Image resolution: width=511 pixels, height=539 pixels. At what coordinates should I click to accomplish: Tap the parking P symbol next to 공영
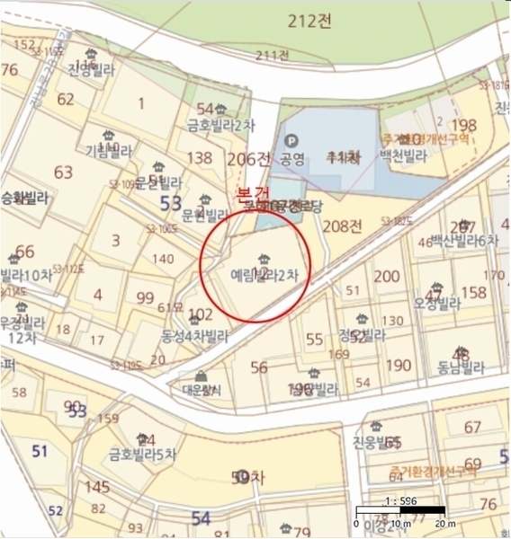pyautogui.click(x=291, y=141)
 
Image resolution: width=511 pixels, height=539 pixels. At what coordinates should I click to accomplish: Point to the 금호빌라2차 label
pyautogui.click(x=216, y=125)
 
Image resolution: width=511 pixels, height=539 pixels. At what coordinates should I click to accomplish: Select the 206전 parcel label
pyautogui.click(x=249, y=159)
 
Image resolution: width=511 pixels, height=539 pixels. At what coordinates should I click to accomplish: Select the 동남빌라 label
pyautogui.click(x=461, y=367)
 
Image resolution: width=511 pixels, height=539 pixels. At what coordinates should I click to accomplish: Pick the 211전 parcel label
pyautogui.click(x=272, y=56)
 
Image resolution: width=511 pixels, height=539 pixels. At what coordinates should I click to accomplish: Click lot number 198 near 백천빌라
pyautogui.click(x=464, y=125)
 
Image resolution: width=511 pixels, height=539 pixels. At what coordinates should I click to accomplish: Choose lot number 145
pyautogui.click(x=97, y=487)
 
